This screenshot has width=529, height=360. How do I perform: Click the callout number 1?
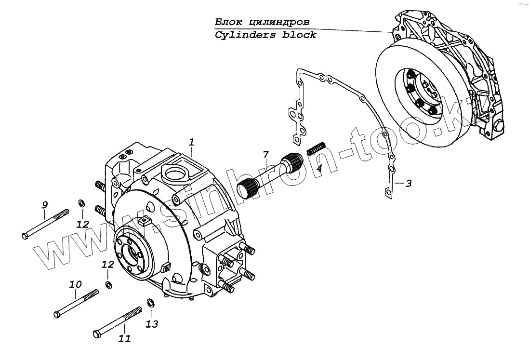click(x=191, y=142)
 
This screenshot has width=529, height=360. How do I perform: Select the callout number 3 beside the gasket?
click(x=408, y=184)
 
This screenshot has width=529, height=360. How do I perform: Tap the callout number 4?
click(x=319, y=169)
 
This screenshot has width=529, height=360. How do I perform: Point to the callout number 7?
click(x=265, y=155)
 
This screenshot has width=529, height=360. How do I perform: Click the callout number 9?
click(x=44, y=205)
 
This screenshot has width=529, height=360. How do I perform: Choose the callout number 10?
click(x=75, y=284)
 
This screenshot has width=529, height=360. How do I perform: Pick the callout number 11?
click(x=124, y=339)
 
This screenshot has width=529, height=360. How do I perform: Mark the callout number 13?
click(x=152, y=324)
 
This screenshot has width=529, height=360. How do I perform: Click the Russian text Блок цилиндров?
click(x=262, y=22)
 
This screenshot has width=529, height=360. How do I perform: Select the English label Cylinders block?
click(x=265, y=35)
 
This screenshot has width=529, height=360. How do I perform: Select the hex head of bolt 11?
click(x=96, y=333)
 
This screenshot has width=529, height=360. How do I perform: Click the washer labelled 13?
click(x=150, y=303)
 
